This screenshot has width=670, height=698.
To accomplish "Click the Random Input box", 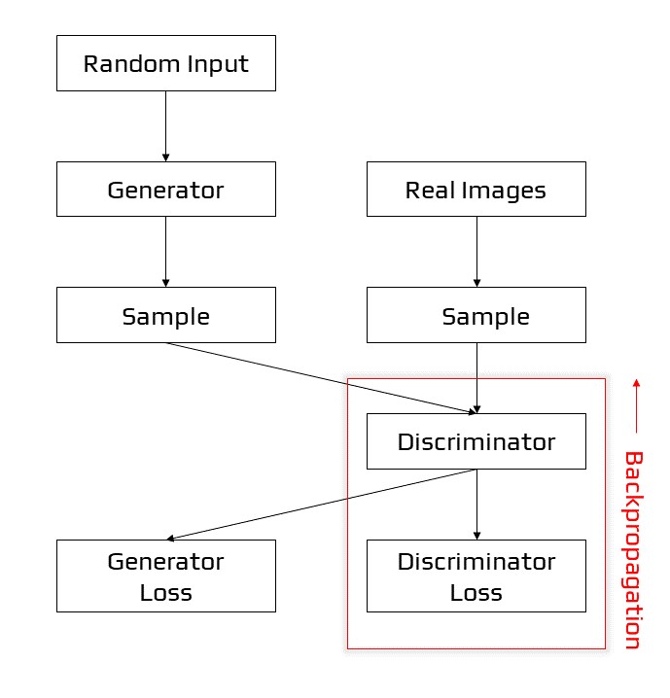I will click(x=165, y=64).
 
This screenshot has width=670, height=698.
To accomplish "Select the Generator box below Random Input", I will click(x=165, y=190).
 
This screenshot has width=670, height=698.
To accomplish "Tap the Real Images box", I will click(x=476, y=190).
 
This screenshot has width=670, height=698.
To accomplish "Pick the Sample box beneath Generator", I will click(x=165, y=315).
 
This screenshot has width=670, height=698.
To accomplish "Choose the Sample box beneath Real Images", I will click(x=476, y=315).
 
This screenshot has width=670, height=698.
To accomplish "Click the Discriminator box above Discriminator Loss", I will click(x=476, y=441).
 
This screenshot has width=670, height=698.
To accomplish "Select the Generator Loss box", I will click(x=165, y=576).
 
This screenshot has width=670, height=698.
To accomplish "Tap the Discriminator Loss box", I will click(x=476, y=576).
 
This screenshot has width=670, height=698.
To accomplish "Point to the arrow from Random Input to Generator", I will click(x=165, y=126).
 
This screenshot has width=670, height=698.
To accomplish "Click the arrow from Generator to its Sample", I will click(x=165, y=251).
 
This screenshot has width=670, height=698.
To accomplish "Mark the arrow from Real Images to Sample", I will click(x=476, y=251).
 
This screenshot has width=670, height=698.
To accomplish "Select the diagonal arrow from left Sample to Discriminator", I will click(x=321, y=377).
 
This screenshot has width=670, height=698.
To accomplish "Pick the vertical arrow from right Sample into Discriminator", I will click(x=476, y=378).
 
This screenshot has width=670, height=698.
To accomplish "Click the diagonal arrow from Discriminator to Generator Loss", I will click(x=321, y=505).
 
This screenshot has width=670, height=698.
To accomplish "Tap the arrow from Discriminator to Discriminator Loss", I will click(x=476, y=505).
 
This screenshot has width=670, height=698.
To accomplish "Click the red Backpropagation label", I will click(x=633, y=549).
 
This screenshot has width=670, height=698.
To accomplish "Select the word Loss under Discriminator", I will click(x=476, y=592).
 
